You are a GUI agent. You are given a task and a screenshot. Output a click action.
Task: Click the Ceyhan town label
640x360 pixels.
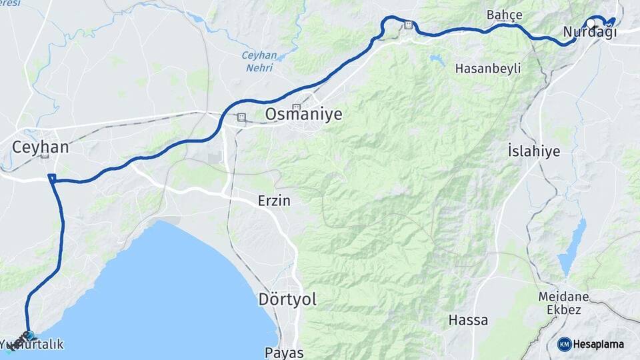click(41, 147)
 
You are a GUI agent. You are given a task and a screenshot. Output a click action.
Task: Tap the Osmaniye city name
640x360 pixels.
click(303, 115)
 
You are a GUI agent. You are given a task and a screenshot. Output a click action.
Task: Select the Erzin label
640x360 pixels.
click(274, 200)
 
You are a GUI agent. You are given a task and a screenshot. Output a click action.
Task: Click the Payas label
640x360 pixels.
click(284, 353)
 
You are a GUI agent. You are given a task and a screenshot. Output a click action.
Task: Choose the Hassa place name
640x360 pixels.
click(468, 320)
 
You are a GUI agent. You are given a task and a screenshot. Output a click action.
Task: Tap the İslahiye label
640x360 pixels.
click(533, 151)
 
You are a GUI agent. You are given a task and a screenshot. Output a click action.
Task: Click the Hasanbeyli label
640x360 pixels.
click(488, 68)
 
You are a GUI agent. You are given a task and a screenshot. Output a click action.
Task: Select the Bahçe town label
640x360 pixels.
click(504, 15)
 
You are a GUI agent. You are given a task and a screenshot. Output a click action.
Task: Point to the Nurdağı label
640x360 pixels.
click(589, 33)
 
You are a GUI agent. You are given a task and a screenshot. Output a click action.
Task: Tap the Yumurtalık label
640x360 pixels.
click(33, 345)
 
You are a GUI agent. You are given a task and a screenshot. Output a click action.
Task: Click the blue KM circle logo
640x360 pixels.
click(564, 344)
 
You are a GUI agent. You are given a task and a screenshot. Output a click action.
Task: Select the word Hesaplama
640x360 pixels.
click(599, 344)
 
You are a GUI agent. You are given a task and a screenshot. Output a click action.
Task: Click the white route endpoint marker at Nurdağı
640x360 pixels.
click(591, 23)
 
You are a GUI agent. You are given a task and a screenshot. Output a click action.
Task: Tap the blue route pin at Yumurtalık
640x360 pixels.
click(29, 335)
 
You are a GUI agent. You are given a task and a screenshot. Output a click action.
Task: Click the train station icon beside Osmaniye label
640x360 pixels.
click(241, 117)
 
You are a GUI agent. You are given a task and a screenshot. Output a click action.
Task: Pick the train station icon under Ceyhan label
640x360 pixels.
click(45, 156)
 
